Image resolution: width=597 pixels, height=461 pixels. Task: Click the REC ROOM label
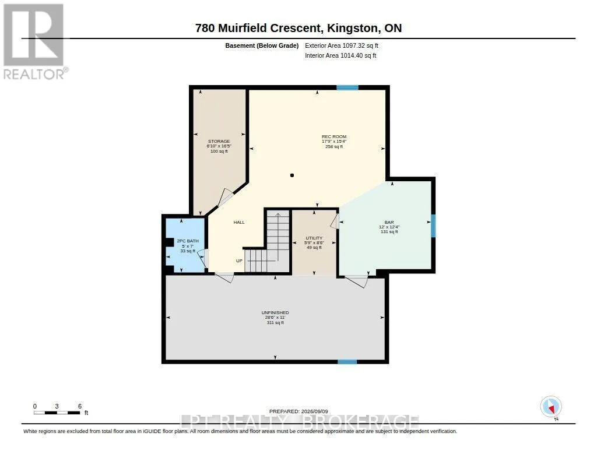click(x=334, y=136)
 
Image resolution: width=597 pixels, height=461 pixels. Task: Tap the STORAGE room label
click(x=219, y=141)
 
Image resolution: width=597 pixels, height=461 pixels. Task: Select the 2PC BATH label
click(x=188, y=241)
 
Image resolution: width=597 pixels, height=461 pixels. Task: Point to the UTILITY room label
click(x=314, y=238)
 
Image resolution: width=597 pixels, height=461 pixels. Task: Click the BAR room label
click(x=389, y=222)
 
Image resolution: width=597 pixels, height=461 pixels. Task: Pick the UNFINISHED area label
click(x=275, y=312)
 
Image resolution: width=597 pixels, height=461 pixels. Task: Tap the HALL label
click(x=239, y=222)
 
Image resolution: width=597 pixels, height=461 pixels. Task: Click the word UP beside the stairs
click(x=239, y=261)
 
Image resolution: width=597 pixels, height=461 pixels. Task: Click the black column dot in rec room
click(x=292, y=175)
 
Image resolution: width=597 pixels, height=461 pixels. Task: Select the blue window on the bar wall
click(x=433, y=226)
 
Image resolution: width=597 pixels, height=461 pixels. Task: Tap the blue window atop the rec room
click(x=347, y=87)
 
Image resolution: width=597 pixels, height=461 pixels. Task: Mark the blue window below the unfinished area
click(x=347, y=362)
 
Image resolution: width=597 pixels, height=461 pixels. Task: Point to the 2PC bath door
click(x=203, y=258)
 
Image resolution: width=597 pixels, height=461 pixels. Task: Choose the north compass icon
click(x=551, y=407)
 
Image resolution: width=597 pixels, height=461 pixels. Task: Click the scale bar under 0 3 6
click(x=57, y=413)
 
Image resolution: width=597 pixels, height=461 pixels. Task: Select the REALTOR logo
click(x=35, y=41)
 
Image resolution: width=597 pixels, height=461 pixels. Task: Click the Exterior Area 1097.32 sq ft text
click(x=342, y=45)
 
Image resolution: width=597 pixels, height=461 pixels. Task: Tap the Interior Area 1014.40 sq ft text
click(x=340, y=55)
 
